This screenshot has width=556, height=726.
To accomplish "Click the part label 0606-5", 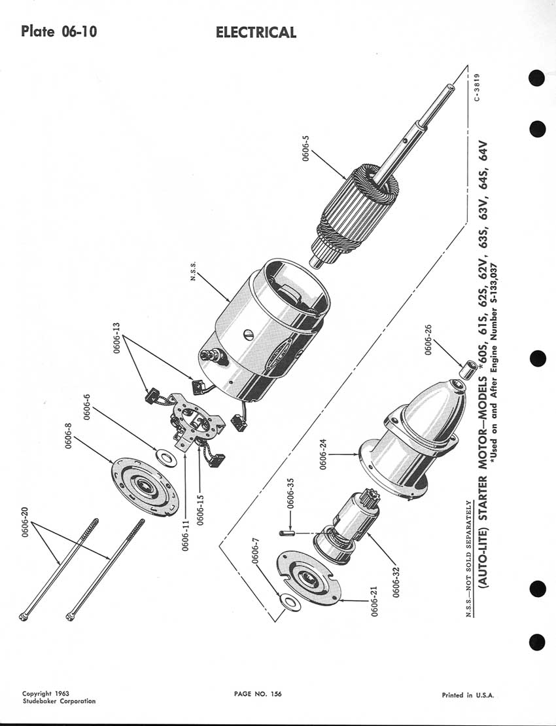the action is (305, 149).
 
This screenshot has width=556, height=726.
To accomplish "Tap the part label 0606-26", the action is (428, 339).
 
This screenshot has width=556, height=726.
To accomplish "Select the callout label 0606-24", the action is (324, 454).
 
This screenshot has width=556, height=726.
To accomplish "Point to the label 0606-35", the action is (290, 493).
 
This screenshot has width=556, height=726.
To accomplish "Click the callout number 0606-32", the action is (396, 582).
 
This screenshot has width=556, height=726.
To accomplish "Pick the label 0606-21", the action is (374, 602).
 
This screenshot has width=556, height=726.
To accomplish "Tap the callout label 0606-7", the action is (255, 551).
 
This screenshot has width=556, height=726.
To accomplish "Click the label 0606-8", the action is (69, 436).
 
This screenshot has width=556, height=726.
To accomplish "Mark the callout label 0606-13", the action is (116, 338).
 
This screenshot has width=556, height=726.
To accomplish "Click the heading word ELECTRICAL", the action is (256, 33).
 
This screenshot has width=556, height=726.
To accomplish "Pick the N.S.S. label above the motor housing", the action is (194, 270).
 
